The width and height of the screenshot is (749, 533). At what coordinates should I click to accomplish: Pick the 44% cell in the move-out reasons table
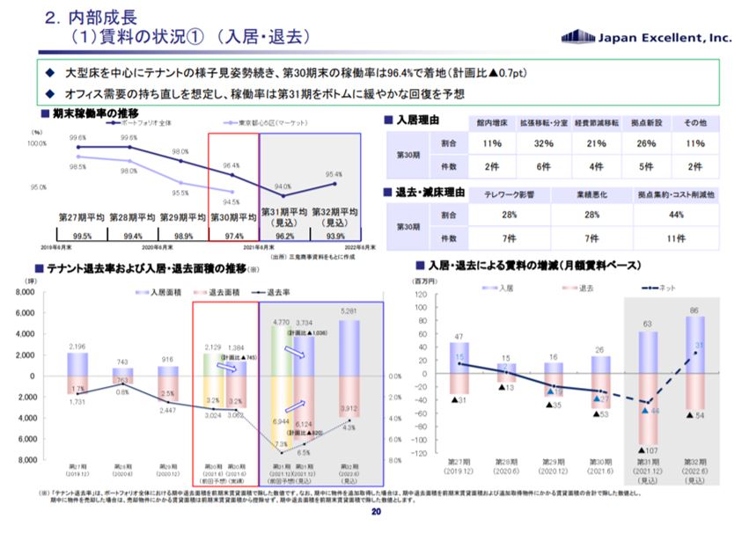[x=675, y=215]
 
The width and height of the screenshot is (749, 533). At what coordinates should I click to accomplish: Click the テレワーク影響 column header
[x=509, y=193]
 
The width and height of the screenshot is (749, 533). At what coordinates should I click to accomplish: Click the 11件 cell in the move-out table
[x=675, y=238]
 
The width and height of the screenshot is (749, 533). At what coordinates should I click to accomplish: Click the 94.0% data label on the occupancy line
[x=283, y=186]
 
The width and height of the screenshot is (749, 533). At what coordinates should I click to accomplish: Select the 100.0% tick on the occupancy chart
[x=38, y=143]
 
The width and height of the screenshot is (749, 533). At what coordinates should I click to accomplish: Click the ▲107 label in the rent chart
[x=650, y=449]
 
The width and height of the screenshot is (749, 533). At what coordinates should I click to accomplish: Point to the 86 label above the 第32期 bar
[x=697, y=310]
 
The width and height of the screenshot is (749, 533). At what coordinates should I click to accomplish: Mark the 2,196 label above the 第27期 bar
[x=77, y=347]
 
